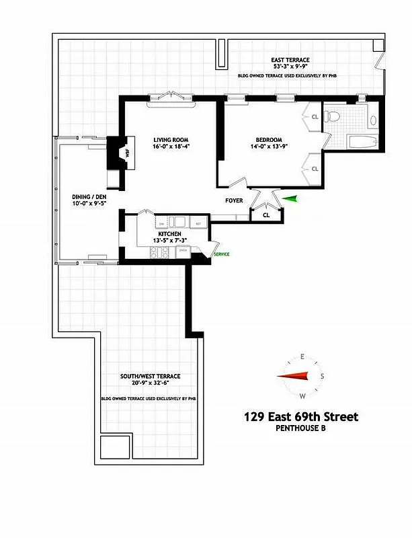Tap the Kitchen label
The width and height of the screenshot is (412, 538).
(x=169, y=233)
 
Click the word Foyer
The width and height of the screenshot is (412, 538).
(x=234, y=200)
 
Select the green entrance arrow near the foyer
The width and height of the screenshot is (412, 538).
(x=289, y=198)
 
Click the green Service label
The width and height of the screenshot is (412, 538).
(x=221, y=254)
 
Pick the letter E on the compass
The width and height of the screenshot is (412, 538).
(x=303, y=356)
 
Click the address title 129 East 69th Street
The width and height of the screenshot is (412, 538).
(x=301, y=417)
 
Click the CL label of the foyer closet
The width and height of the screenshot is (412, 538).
(x=266, y=215)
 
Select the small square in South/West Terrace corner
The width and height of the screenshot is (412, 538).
(x=109, y=446)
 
